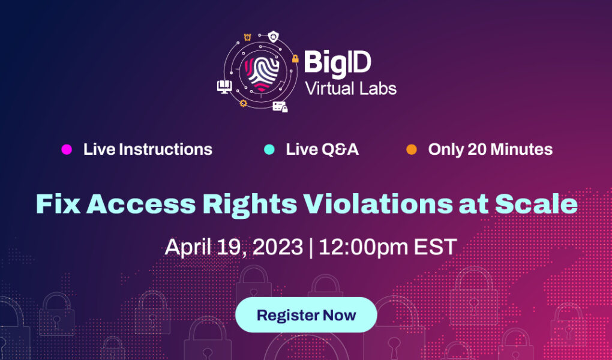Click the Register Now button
[x=306, y=315]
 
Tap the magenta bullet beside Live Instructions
[x=67, y=149]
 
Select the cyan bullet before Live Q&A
[x=269, y=149]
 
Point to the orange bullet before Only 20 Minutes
[x=412, y=149]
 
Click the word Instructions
[x=166, y=149]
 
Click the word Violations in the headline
[x=378, y=204]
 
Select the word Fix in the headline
[x=58, y=204]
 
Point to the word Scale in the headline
[x=536, y=204]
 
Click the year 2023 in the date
[x=278, y=247]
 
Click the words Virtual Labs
[x=350, y=89]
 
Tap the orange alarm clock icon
[x=247, y=37]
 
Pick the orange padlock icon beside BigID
[x=295, y=59]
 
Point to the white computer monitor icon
[x=224, y=86]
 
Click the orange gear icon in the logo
[x=243, y=103]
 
